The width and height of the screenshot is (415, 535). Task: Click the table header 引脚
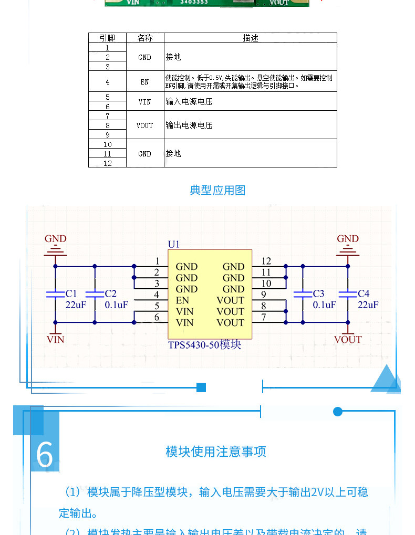pyautogui.click(x=107, y=38)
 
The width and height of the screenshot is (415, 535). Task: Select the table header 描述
pyautogui.click(x=250, y=38)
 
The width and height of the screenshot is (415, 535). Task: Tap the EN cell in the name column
pyautogui.click(x=144, y=82)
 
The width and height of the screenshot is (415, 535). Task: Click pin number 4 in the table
pyautogui.click(x=107, y=82)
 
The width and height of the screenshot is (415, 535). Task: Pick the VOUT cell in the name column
pyautogui.click(x=144, y=125)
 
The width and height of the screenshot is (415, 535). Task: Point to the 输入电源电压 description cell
pyautogui.click(x=189, y=101)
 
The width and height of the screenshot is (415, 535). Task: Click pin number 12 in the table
pyautogui.click(x=107, y=163)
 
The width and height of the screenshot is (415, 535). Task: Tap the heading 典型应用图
pyautogui.click(x=217, y=190)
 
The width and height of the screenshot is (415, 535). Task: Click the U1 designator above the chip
pyautogui.click(x=173, y=244)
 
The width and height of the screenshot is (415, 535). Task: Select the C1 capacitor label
pyautogui.click(x=71, y=293)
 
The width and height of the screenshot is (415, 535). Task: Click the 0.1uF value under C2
pyautogui.click(x=117, y=305)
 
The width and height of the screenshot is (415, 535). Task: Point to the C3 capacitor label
pyautogui.click(x=318, y=293)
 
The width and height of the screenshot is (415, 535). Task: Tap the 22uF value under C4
pyautogui.click(x=368, y=305)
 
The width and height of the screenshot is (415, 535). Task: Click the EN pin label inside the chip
pyautogui.click(x=182, y=300)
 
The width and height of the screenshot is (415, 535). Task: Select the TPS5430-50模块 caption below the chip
pyautogui.click(x=204, y=345)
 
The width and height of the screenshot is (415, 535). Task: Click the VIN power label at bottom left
pyautogui.click(x=55, y=340)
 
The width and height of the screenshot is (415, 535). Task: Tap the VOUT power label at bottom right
pyautogui.click(x=348, y=340)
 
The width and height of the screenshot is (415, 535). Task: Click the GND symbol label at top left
pyautogui.click(x=55, y=239)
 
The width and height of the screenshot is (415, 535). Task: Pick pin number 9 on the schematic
pyautogui.click(x=263, y=295)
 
